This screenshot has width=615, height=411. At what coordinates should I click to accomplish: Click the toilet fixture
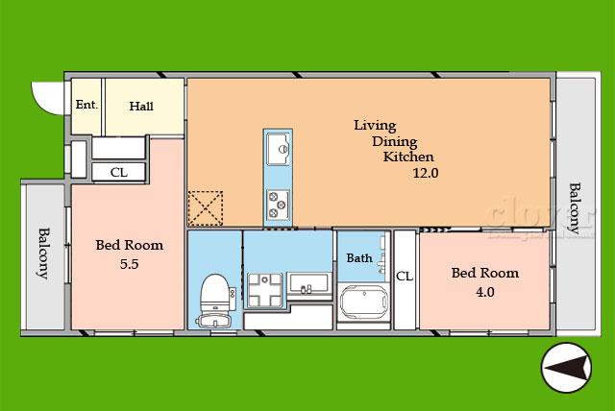point(215,301)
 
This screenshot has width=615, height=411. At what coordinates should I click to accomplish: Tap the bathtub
point(364,302)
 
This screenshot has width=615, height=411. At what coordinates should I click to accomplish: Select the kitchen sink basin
point(278,149)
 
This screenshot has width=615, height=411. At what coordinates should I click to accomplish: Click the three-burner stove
point(278,205)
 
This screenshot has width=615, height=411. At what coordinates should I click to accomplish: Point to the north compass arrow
point(566,368)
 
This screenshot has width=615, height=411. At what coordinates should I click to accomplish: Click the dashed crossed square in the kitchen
point(206,208)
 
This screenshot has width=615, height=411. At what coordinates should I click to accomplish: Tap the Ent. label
point(86,105)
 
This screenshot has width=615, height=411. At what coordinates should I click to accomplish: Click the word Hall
point(141,107)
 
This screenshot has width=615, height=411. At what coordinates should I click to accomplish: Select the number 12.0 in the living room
point(426,173)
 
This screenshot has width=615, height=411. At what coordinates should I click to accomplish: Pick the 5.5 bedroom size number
point(130,264)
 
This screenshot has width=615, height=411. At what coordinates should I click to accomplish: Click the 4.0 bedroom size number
point(485,292)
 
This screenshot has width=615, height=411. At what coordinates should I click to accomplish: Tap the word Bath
point(359,258)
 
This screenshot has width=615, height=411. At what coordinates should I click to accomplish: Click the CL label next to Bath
point(405,277)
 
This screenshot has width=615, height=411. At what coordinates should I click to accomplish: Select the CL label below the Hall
point(119,173)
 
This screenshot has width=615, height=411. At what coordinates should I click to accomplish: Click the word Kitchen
point(408,157)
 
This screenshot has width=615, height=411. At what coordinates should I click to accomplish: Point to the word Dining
point(395,142)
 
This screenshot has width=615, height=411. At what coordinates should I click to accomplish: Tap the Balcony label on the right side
point(575,208)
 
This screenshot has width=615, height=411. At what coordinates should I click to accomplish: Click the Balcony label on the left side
point(43,254)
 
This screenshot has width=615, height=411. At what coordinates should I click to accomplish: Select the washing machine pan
point(265,290)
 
